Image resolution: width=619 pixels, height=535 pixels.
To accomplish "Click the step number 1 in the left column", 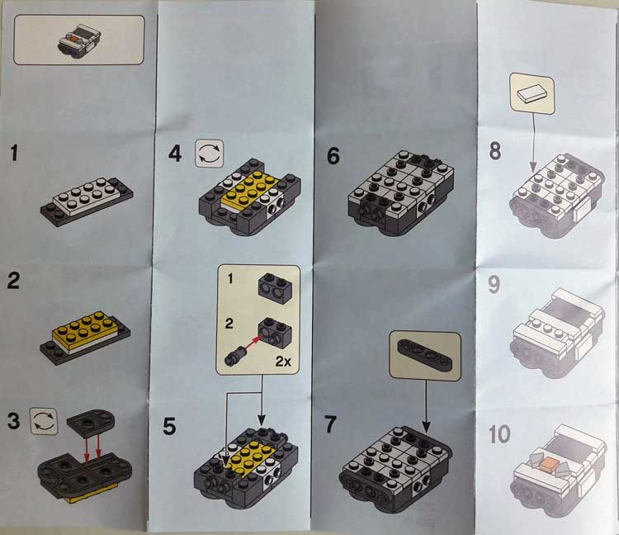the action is click(x=14, y=154).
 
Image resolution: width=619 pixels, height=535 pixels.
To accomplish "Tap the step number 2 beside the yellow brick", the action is click(x=13, y=281).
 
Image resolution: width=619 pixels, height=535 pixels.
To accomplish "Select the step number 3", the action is click(x=13, y=421).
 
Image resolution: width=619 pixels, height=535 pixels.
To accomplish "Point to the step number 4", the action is click(x=175, y=154).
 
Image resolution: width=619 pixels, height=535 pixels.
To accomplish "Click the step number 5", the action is click(x=169, y=426).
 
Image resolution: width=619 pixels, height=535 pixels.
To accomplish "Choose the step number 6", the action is click(x=333, y=155).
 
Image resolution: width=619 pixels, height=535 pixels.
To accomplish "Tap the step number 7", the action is click(x=330, y=424).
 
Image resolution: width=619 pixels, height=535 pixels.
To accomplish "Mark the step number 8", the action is click(x=494, y=151).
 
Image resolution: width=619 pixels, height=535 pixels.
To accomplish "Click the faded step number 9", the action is click(x=494, y=285).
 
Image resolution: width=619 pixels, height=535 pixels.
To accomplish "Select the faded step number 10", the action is click(x=499, y=434).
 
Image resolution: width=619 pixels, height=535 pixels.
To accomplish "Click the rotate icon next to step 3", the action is click(x=44, y=421).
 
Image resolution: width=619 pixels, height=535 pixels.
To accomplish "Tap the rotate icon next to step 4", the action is click(x=210, y=154).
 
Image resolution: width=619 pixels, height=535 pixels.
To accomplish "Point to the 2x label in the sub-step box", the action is click(x=283, y=361).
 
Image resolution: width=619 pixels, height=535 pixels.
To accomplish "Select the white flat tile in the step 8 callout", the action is click(x=532, y=94).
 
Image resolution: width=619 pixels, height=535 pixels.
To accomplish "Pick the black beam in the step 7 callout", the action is click(x=424, y=353).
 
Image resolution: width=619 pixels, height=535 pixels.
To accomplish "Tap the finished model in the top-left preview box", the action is click(x=79, y=40).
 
